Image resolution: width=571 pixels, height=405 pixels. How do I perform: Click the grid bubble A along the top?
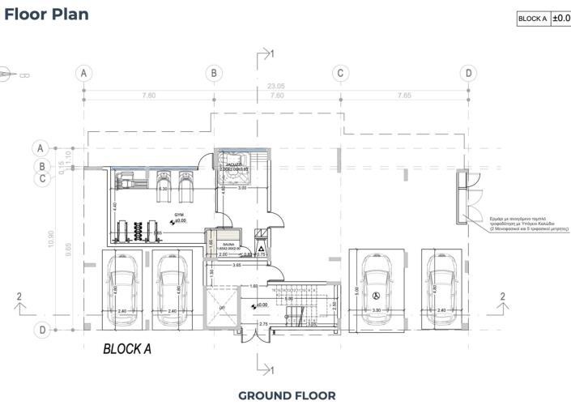pyautogui.click(x=83, y=73)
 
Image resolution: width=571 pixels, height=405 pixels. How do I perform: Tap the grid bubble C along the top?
pyautogui.click(x=341, y=73)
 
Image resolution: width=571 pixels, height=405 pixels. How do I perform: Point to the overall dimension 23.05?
pyautogui.click(x=276, y=86)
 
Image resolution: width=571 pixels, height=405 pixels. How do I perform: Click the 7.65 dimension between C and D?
pyautogui.click(x=404, y=95)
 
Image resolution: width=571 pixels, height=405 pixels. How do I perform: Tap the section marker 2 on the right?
pyautogui.click(x=503, y=296)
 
